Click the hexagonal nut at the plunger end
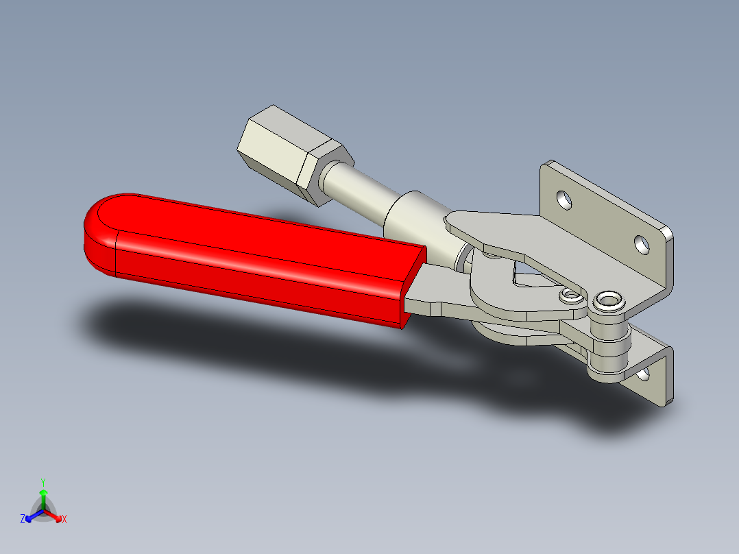pos(288,152)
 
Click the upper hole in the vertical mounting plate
pos(564,200)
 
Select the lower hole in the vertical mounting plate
pos(642,243)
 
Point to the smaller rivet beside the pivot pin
pos(570,296)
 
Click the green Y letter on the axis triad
pos(43,481)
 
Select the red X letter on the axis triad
pos(64,520)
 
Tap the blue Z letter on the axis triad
pos(23,520)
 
